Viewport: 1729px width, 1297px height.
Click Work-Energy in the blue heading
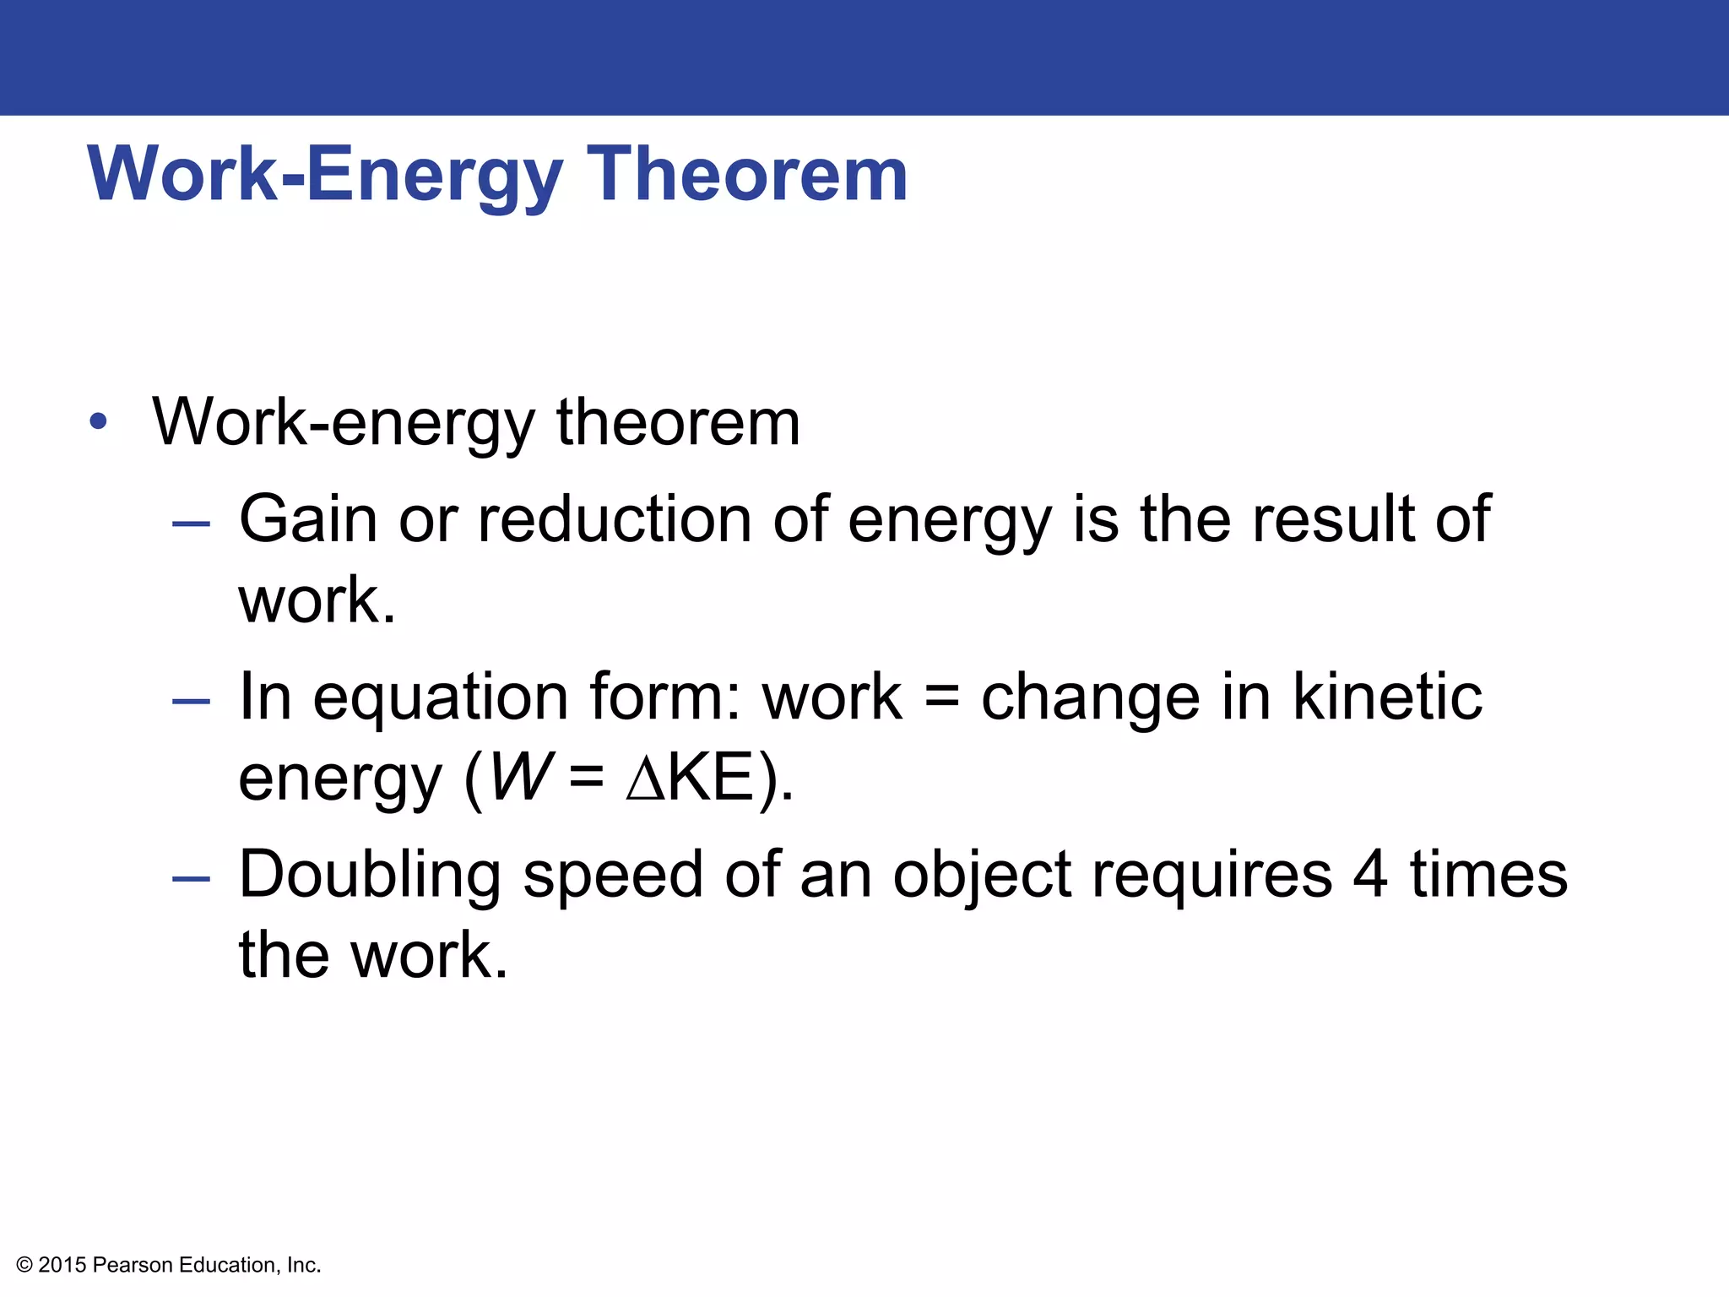[x=325, y=174]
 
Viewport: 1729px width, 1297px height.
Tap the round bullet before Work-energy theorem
[x=99, y=421]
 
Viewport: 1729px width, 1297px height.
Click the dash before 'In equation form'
[x=191, y=701]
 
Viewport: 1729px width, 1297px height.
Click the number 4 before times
[x=1369, y=875]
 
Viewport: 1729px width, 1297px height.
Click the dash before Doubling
[x=191, y=879]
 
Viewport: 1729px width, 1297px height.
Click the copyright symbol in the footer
[x=24, y=1265]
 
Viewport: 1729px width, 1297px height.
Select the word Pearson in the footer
[x=133, y=1265]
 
